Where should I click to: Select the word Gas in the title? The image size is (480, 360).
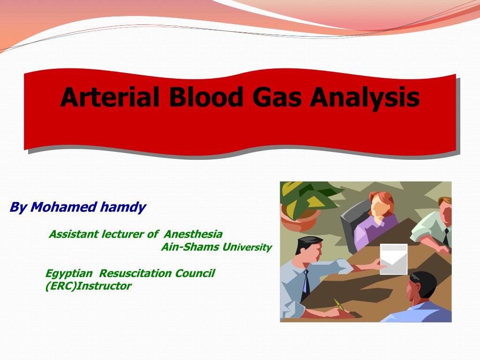pos(277,97)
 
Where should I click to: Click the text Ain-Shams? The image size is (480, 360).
pos(190,247)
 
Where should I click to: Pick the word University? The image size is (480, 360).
pos(247,247)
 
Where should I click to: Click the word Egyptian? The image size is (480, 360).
pos(69,274)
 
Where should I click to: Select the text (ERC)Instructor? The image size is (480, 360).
pos(88,286)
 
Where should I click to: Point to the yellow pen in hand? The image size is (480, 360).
pos(339,304)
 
